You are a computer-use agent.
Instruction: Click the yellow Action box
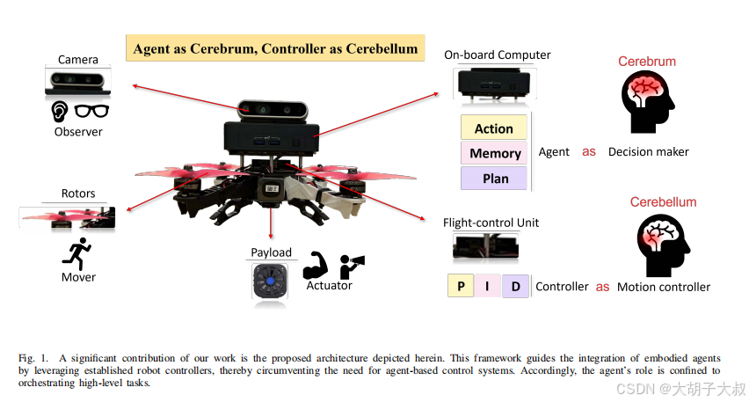[x=493, y=128]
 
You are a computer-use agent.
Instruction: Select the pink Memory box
[x=494, y=153]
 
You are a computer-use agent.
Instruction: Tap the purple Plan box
[x=494, y=179]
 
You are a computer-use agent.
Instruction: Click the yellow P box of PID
[x=461, y=286]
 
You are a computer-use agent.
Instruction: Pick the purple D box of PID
[x=515, y=286]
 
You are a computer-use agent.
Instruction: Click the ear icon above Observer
[x=59, y=111]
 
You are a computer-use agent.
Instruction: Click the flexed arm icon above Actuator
[x=316, y=265]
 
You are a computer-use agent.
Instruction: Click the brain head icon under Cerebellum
[x=662, y=243]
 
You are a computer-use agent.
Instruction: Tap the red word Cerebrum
[x=647, y=62]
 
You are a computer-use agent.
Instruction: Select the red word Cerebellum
[x=663, y=202]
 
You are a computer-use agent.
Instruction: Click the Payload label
[x=272, y=253]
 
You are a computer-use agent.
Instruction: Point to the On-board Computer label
[x=497, y=55]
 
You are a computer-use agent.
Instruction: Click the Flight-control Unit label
[x=491, y=223]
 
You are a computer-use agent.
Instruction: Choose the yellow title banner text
[x=275, y=48]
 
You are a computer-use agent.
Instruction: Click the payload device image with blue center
[x=271, y=281]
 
